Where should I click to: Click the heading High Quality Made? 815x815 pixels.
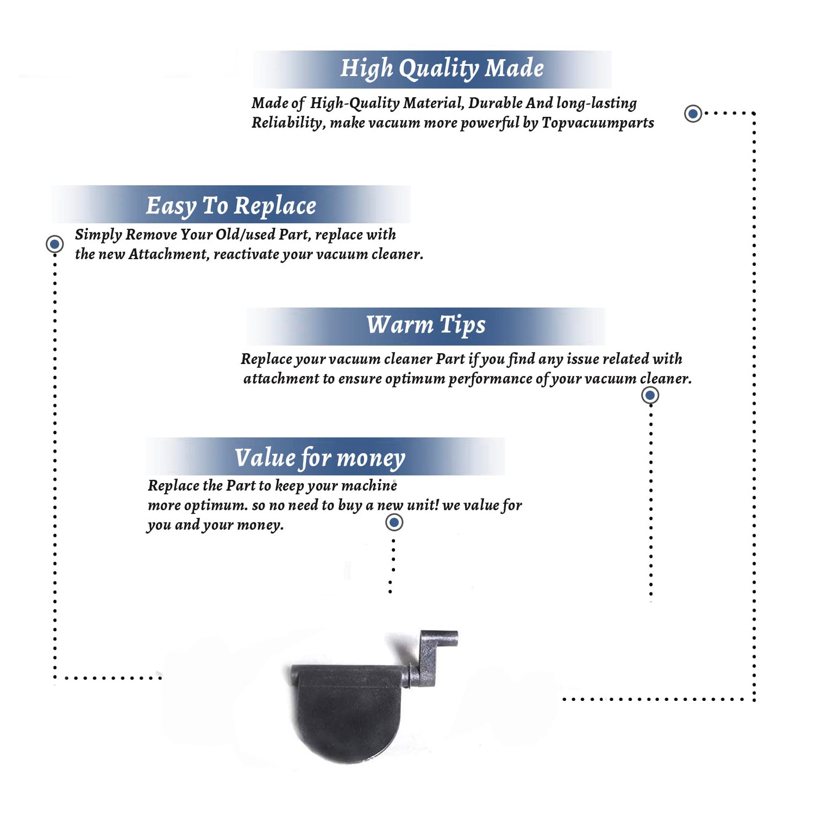pos(442,69)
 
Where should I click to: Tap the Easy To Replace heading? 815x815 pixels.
pos(231,206)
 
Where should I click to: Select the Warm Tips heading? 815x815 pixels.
pos(425,325)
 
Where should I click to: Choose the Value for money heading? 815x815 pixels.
pos(320,458)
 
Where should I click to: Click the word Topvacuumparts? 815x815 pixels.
pos(598,123)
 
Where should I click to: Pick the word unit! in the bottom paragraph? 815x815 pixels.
pos(423,505)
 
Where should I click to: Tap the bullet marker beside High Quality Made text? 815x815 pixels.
pos(693,114)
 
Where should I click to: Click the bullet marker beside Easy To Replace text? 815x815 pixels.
pos(54,244)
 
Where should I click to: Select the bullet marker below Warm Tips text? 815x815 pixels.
pos(650,395)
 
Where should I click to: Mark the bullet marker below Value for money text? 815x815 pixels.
pos(394,523)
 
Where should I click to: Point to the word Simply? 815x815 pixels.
pos(98,235)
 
